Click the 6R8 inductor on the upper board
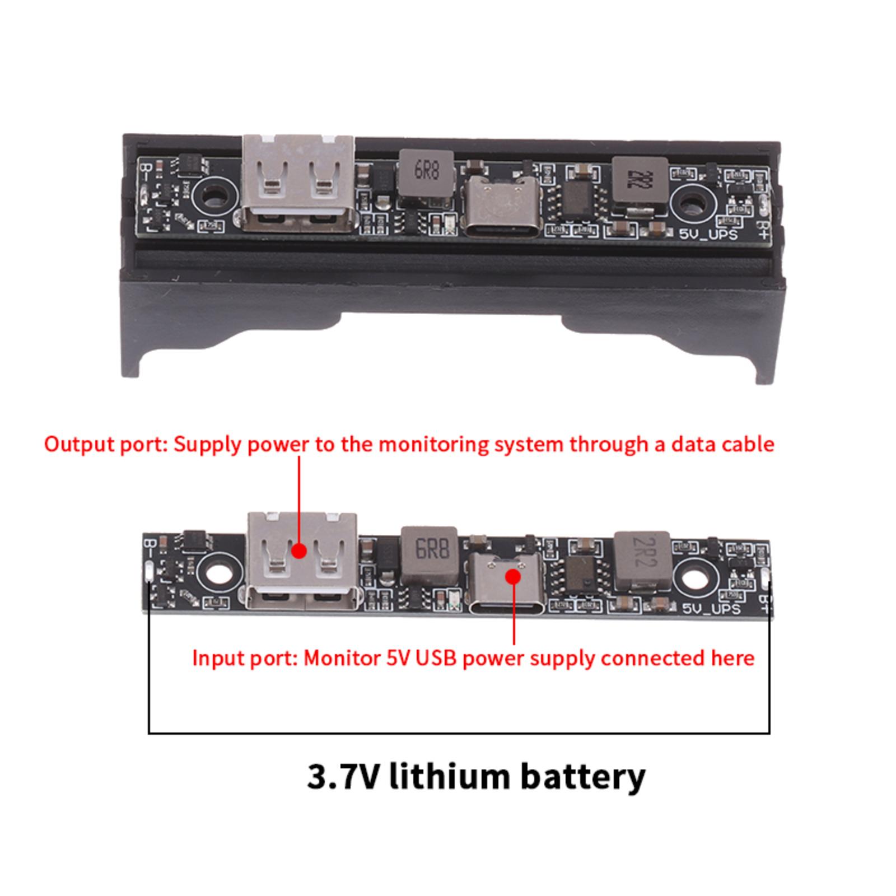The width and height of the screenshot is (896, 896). point(426,176)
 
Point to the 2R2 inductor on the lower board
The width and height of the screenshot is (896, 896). point(642,562)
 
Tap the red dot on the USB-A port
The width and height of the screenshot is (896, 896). point(300,551)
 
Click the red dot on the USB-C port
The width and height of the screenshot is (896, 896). point(513,576)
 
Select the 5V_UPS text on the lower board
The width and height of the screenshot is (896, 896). point(711,608)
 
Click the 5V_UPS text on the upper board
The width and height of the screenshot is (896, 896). point(708,234)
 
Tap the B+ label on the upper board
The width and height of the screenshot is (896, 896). point(763,229)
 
